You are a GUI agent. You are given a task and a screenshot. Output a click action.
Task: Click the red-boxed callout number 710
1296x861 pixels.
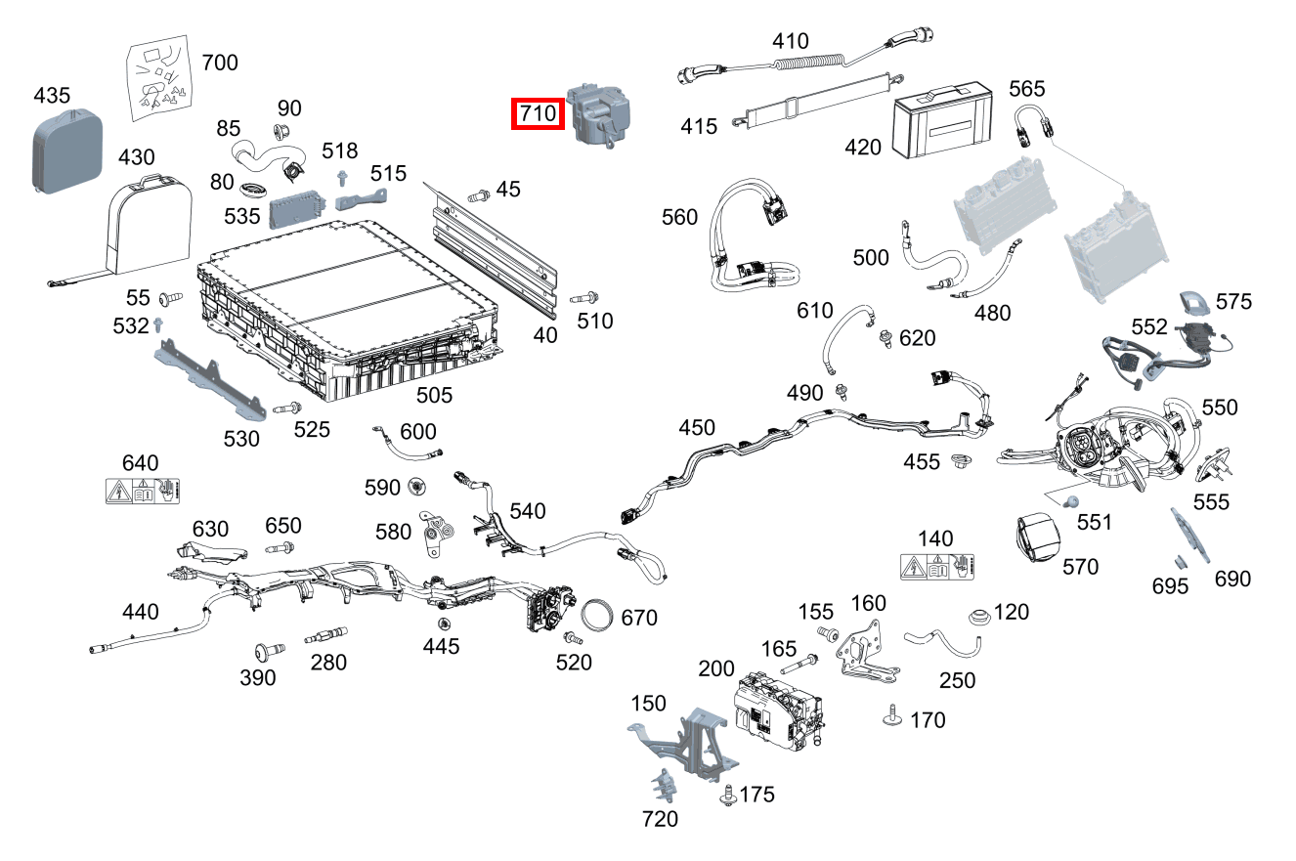pyautogui.click(x=538, y=114)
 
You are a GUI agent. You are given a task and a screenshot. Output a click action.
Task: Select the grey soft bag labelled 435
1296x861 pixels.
pyautogui.click(x=66, y=151)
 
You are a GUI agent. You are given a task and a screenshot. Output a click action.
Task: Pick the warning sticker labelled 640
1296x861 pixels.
pyautogui.click(x=143, y=491)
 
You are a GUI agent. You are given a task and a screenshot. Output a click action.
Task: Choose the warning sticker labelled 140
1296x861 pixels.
pyautogui.click(x=940, y=566)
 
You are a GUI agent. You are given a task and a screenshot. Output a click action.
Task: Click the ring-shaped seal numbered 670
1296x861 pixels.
pyautogui.click(x=600, y=617)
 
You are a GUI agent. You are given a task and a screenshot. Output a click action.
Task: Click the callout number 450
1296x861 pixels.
pyautogui.click(x=697, y=428)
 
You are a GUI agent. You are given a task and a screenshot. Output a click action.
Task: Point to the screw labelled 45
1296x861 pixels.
pyautogui.click(x=479, y=196)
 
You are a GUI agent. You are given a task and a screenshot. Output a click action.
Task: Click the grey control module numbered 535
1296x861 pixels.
pyautogui.click(x=299, y=207)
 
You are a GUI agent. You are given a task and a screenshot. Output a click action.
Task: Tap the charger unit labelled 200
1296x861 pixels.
pyautogui.click(x=779, y=712)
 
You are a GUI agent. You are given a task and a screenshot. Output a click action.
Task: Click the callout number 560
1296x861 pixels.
pyautogui.click(x=680, y=216)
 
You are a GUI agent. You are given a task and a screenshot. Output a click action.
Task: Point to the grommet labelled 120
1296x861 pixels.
pyautogui.click(x=976, y=619)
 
